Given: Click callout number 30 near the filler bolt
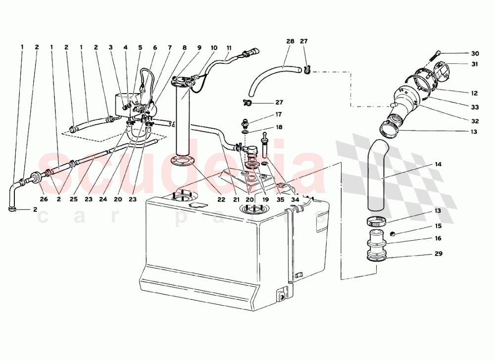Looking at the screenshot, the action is point(475,53).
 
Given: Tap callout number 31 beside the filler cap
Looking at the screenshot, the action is point(475,64).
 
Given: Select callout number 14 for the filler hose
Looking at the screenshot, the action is point(438,164).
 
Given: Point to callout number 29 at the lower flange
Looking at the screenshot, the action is point(438,254).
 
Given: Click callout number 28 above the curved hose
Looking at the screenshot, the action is point(290,41).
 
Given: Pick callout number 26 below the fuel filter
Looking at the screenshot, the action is point(44,199).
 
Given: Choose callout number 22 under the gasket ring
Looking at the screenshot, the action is point(221,200).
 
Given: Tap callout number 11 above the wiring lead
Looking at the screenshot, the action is point(229,48).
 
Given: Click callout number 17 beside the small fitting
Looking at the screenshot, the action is point(278,114).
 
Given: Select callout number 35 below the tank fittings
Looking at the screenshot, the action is point(280,200).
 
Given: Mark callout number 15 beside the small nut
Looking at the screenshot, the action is point(438,226).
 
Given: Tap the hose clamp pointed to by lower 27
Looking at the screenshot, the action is point(247,102).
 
